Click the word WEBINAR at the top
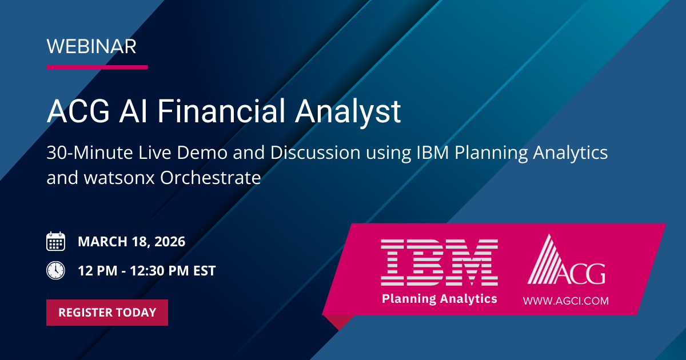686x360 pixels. [x=91, y=46]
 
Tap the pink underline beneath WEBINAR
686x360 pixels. [x=97, y=67]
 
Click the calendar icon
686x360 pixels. [x=55, y=242]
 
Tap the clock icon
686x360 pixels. [x=55, y=270]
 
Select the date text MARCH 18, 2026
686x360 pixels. [x=131, y=242]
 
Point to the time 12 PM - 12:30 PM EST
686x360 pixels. [x=147, y=271]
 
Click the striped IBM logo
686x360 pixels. [x=438, y=262]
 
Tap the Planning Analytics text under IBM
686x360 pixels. [x=439, y=298]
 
